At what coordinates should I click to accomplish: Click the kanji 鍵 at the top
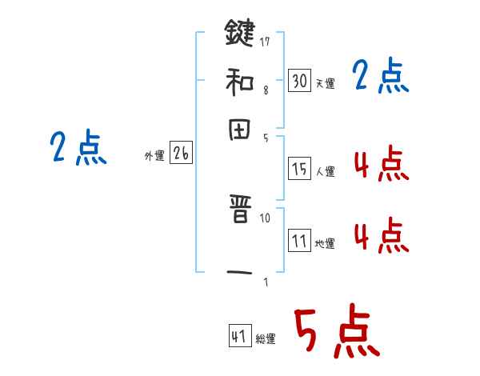(x=240, y=34)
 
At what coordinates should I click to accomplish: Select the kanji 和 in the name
(x=240, y=81)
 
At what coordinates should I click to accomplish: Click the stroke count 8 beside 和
(x=266, y=90)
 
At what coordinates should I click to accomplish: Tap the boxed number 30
(x=299, y=81)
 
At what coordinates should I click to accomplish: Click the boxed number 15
(x=299, y=169)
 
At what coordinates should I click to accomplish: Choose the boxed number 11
(x=299, y=242)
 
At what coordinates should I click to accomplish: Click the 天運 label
(x=324, y=83)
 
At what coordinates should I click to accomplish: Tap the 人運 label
(x=325, y=171)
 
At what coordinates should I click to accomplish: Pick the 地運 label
(x=325, y=244)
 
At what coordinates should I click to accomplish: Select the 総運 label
(x=266, y=340)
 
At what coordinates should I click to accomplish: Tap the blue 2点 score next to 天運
(x=380, y=78)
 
